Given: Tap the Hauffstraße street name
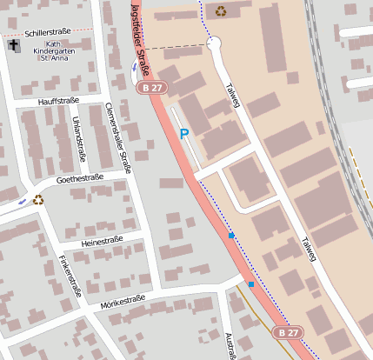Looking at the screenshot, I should coord(58,102).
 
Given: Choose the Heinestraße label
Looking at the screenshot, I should coord(102,241).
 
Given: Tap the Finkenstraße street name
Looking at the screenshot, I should coord(70,276).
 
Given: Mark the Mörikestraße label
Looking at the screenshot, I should coord(122,300).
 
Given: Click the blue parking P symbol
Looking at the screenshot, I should coord(183,134).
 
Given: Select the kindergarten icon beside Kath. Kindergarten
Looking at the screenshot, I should coord(14,45).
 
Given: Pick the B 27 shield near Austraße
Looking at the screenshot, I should coord(288,333).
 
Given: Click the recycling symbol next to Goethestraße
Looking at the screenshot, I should coord(38,200).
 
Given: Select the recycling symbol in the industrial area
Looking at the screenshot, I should coord(221,11).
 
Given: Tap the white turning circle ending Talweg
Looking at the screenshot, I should coord(215,43).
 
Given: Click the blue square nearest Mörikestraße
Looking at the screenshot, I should coord(251,284).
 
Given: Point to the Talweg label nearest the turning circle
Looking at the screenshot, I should coord(232,95).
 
